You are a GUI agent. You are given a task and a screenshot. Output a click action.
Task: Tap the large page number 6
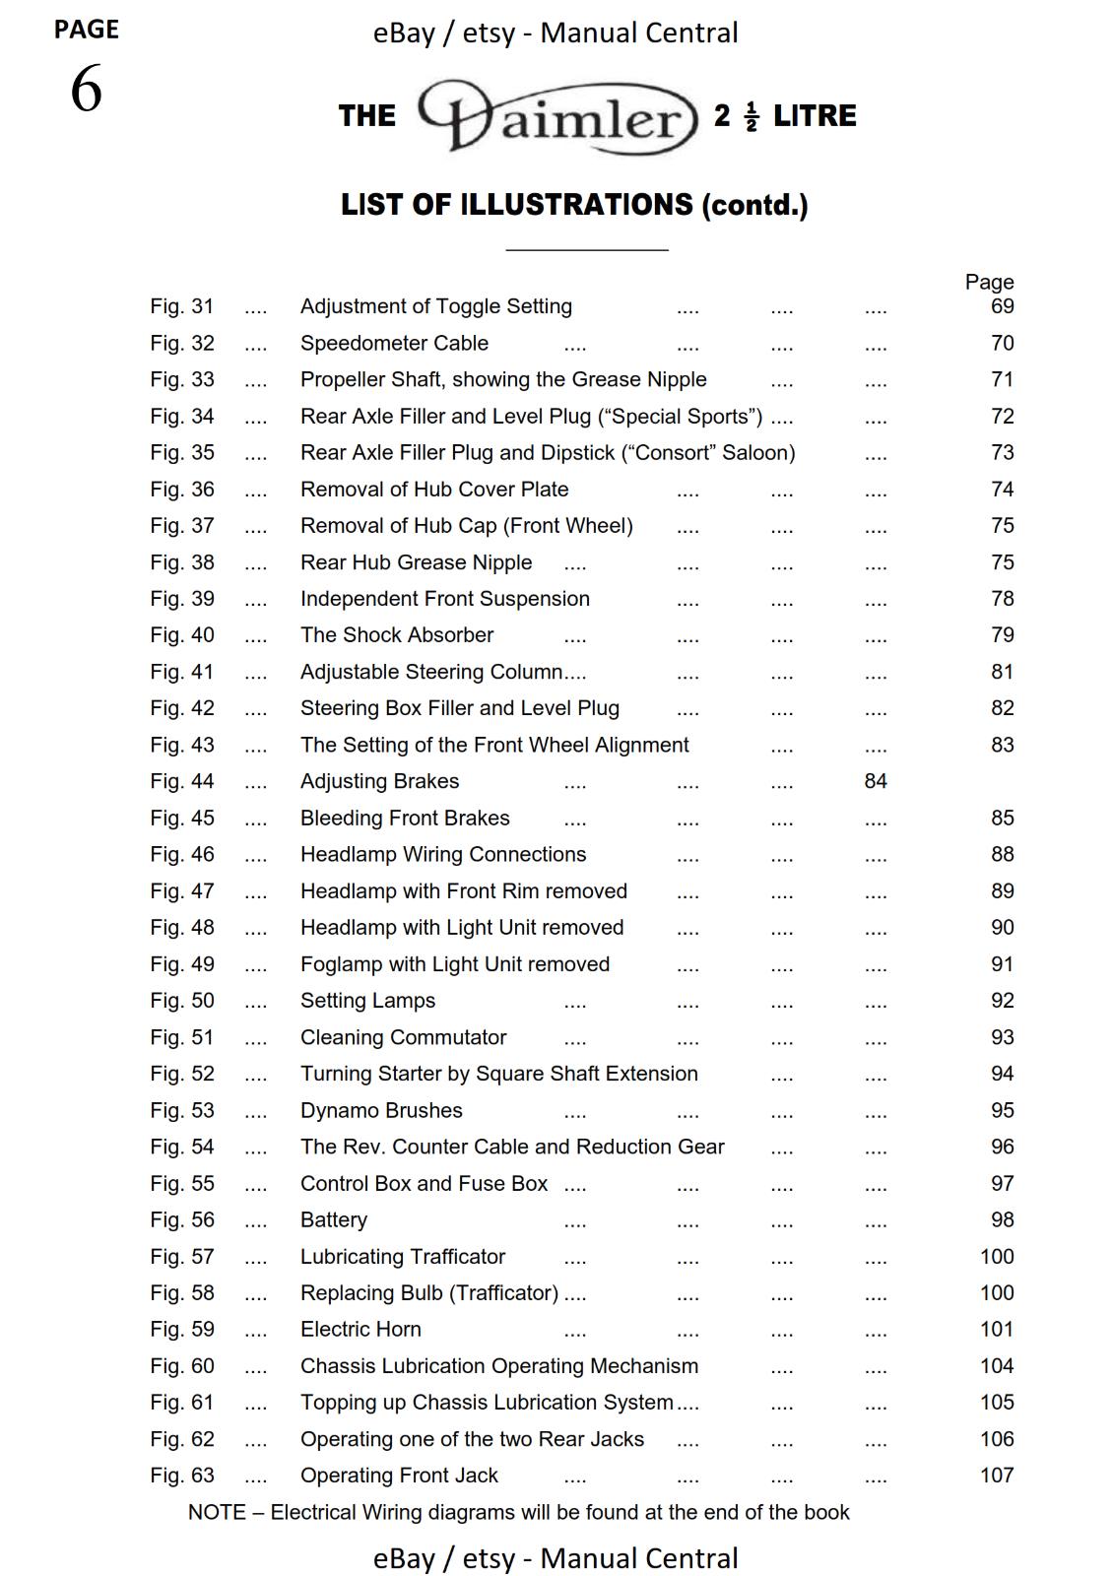(86, 90)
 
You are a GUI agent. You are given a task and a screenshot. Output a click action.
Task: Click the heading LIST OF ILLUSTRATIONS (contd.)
(574, 205)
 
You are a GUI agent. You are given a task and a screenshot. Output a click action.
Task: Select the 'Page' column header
(989, 283)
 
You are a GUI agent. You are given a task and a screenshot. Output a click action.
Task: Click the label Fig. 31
(181, 306)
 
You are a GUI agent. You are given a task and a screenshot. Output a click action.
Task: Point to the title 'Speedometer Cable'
(394, 343)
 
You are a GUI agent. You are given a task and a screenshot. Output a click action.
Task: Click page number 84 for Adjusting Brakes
(876, 781)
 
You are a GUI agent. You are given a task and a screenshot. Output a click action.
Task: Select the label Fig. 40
(181, 635)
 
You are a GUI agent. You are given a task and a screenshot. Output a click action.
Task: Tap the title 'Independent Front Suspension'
(444, 599)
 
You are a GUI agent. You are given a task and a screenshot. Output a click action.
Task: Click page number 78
(1002, 599)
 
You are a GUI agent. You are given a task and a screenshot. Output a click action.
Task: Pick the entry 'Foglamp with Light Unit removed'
(454, 964)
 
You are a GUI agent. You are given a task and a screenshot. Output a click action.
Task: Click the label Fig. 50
(181, 1001)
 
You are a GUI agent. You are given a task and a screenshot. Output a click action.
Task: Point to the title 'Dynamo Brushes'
(381, 1110)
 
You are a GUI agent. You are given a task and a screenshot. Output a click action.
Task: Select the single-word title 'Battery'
(333, 1219)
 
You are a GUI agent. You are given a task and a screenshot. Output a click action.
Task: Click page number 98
(1002, 1219)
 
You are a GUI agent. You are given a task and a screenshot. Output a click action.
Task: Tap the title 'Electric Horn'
(360, 1329)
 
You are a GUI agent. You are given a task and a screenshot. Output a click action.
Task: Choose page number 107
(997, 1476)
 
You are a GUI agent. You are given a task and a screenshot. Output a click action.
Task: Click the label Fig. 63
(181, 1476)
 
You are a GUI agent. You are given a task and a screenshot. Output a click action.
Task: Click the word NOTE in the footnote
(217, 1512)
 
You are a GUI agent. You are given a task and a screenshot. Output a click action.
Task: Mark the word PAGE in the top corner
(86, 30)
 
